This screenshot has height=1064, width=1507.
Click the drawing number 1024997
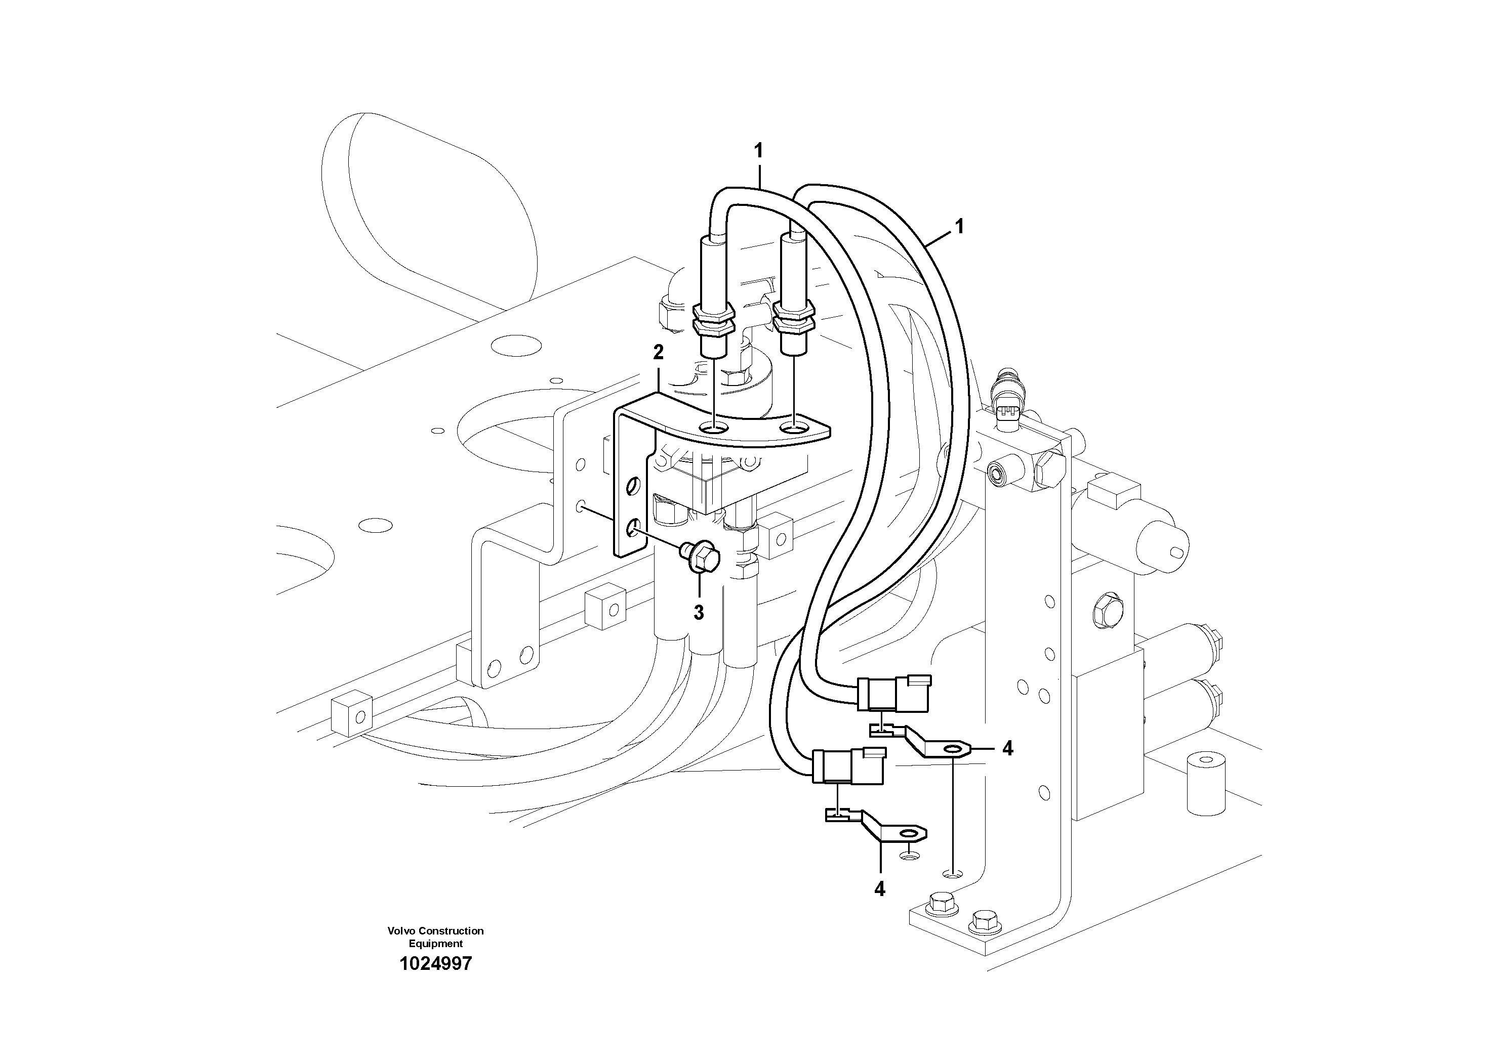coord(435,964)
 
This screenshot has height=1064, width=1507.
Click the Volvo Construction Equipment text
coord(435,937)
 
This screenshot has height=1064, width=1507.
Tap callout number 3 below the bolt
coord(699,613)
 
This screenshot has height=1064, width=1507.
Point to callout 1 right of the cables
coord(960,227)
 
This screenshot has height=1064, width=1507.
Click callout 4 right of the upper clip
coord(1007,748)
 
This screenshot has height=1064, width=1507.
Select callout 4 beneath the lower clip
coord(879,889)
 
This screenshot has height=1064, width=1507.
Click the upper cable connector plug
coord(892,694)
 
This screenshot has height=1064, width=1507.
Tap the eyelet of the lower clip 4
coord(909,834)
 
